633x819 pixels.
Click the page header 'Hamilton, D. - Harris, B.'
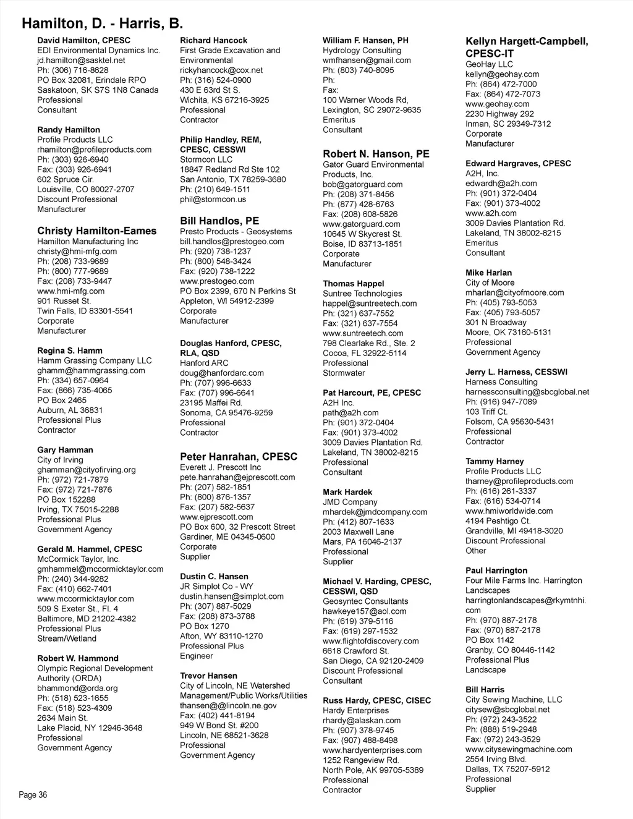pyautogui.click(x=102, y=23)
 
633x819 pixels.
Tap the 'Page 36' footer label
pyautogui.click(x=33, y=795)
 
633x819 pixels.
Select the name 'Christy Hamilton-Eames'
pyautogui.click(x=97, y=231)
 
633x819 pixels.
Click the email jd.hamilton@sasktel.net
pyautogui.click(x=81, y=60)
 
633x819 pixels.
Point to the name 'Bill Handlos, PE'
pyautogui.click(x=219, y=221)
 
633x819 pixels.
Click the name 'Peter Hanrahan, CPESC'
pyautogui.click(x=239, y=457)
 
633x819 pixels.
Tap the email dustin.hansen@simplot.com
pyautogui.click(x=232, y=596)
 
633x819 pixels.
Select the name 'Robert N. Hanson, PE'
pyautogui.click(x=376, y=154)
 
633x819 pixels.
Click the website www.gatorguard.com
pyautogui.click(x=361, y=224)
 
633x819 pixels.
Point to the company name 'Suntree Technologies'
pyautogui.click(x=362, y=294)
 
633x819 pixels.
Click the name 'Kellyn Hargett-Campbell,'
pyautogui.click(x=527, y=41)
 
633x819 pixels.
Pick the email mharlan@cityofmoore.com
pyautogui.click(x=514, y=292)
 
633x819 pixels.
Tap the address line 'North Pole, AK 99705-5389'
pyautogui.click(x=373, y=770)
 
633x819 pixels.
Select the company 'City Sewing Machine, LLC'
pyautogui.click(x=514, y=700)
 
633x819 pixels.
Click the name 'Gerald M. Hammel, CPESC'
pyautogui.click(x=90, y=549)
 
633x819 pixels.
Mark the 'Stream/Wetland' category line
pyautogui.click(x=67, y=639)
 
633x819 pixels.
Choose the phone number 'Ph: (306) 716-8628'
pyautogui.click(x=72, y=70)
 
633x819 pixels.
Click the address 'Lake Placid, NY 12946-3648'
pyautogui.click(x=90, y=728)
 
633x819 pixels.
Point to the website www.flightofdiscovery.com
pyautogui.click(x=370, y=641)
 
